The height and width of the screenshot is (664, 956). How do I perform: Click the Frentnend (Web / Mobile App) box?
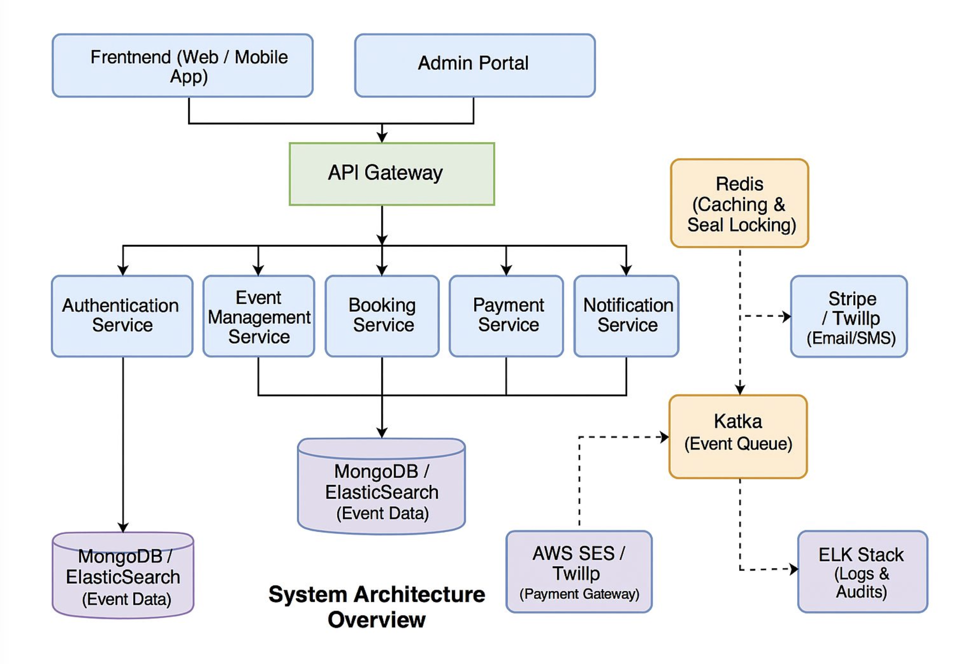click(182, 66)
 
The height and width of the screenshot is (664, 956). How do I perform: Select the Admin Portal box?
click(475, 66)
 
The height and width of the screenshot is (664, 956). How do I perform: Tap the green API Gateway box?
click(392, 174)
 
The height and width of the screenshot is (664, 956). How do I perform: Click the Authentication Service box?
click(122, 316)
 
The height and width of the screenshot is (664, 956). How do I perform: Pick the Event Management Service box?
click(259, 316)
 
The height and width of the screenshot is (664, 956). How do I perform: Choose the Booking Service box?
click(382, 316)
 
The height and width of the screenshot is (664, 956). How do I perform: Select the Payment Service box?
click(506, 316)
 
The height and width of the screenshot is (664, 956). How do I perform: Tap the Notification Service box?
click(626, 316)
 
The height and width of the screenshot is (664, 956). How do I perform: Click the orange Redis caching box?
click(739, 203)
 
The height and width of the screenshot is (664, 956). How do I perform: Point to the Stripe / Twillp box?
click(848, 317)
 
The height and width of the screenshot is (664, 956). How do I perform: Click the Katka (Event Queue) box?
click(738, 437)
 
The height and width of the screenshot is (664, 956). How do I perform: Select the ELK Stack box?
click(862, 571)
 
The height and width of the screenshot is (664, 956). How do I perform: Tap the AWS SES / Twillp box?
click(579, 571)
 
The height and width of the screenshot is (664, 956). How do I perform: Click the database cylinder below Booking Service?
click(382, 487)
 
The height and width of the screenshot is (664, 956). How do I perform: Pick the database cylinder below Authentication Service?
click(123, 575)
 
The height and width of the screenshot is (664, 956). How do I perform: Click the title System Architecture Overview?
click(377, 606)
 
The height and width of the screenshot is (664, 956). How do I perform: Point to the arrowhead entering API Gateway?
click(382, 138)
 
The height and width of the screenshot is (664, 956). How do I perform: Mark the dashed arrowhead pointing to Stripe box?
click(786, 317)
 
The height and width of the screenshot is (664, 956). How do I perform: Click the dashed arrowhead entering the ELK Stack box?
click(793, 569)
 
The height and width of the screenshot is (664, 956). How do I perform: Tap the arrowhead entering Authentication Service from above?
click(123, 270)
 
